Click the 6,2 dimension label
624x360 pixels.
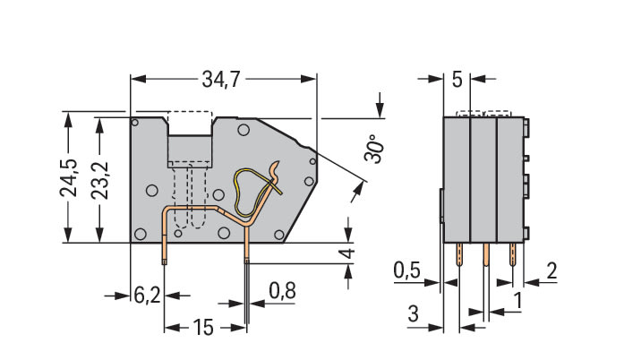[148, 295]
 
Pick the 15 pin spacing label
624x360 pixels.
[203, 328]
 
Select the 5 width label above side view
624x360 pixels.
[457, 81]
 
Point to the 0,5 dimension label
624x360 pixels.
[408, 270]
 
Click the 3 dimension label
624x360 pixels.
[413, 313]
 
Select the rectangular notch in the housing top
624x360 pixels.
[188, 147]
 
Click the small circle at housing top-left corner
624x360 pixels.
[134, 122]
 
